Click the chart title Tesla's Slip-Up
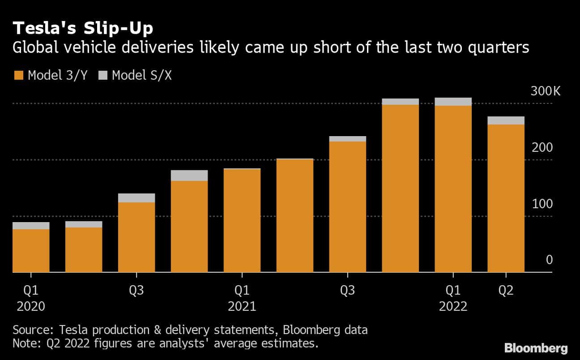(x=83, y=28)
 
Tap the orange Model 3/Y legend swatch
(x=19, y=75)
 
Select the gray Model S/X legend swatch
(x=103, y=75)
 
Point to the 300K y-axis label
(x=545, y=91)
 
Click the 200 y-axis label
(x=542, y=147)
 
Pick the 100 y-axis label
(x=542, y=204)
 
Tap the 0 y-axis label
(x=550, y=260)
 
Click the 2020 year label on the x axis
(x=31, y=307)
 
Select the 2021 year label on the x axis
(x=242, y=307)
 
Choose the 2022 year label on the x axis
(x=453, y=307)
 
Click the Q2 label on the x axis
(x=506, y=291)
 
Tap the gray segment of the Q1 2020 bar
(x=31, y=226)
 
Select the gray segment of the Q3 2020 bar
(x=136, y=198)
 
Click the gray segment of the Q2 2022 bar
(x=506, y=121)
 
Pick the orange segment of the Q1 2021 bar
(x=242, y=221)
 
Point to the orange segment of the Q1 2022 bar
(x=453, y=189)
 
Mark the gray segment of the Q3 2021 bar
(x=348, y=139)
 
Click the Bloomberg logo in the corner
(x=536, y=348)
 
